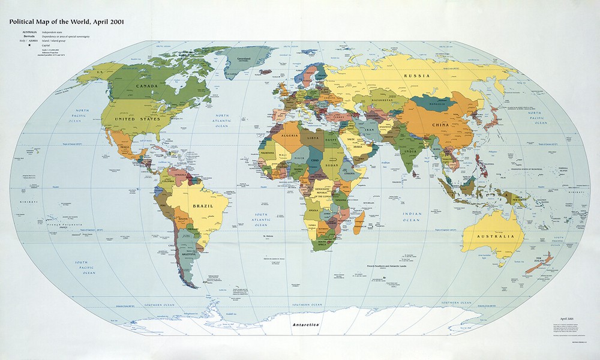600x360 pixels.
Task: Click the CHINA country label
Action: pos(441,125)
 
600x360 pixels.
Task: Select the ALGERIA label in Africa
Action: pos(281,136)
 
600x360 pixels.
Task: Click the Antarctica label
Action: pos(307,325)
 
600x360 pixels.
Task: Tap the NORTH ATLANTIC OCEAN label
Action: pos(222,121)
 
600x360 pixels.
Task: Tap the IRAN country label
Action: pos(370,128)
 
